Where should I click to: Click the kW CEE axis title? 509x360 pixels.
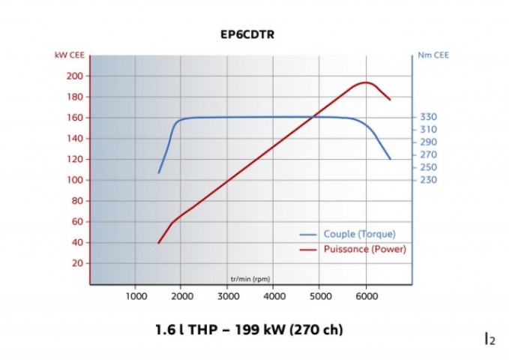(68, 55)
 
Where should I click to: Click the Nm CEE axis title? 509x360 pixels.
(429, 55)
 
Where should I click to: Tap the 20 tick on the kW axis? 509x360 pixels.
(75, 263)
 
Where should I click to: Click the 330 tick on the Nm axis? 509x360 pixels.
(428, 117)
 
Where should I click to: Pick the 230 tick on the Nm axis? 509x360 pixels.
(428, 180)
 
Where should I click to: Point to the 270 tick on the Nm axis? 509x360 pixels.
(428, 154)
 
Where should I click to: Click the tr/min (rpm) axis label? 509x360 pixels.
(250, 278)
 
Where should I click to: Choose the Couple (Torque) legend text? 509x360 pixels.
(359, 234)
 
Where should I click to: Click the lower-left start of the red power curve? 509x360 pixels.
(158, 243)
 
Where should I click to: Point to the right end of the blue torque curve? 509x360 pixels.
(390, 159)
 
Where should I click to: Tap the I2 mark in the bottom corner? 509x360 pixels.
(490, 340)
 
